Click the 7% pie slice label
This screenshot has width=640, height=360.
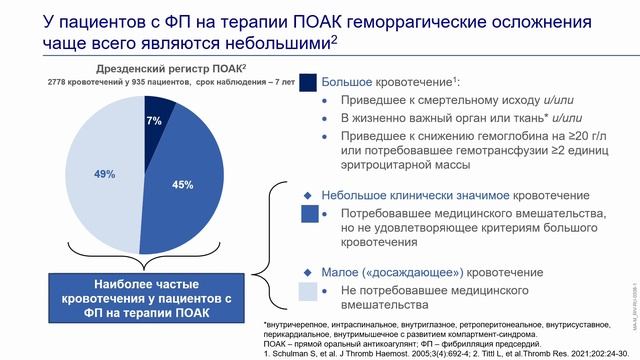pyautogui.click(x=154, y=121)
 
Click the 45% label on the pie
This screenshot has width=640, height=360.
pyautogui.click(x=183, y=185)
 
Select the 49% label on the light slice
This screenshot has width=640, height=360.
pyautogui.click(x=104, y=174)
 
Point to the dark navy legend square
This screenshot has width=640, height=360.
pyautogui.click(x=309, y=84)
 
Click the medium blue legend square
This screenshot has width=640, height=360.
pyautogui.click(x=309, y=214)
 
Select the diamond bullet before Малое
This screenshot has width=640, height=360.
pyautogui.click(x=308, y=270)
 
